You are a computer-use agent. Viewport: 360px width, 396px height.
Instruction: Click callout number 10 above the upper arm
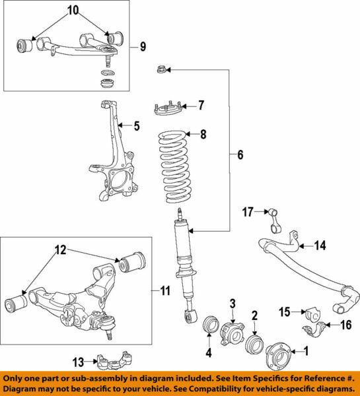click(x=72, y=11)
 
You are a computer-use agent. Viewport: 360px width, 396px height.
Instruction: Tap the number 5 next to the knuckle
click(x=137, y=125)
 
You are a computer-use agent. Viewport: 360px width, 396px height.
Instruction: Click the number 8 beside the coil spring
click(x=203, y=135)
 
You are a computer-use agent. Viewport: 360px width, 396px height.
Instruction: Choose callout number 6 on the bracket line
click(x=240, y=155)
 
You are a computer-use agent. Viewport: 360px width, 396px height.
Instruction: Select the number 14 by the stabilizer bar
click(x=320, y=246)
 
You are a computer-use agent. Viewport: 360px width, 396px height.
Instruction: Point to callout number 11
click(x=165, y=290)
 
